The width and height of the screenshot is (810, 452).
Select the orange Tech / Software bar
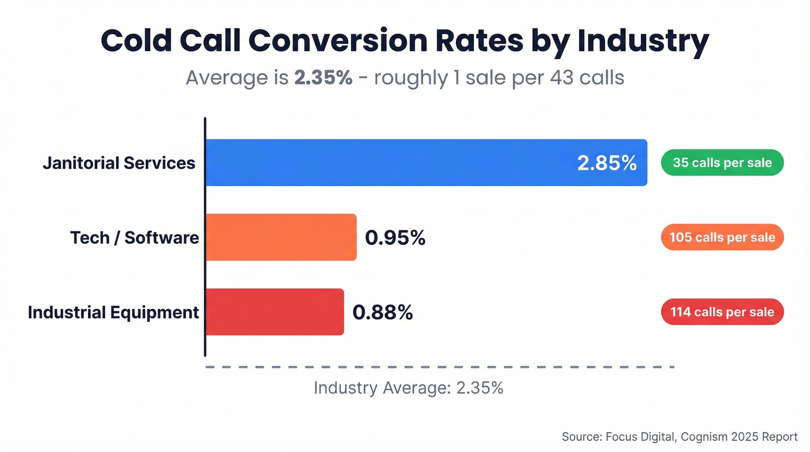281,237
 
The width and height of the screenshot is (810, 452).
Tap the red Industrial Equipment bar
275,312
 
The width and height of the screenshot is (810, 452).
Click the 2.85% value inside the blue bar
607,163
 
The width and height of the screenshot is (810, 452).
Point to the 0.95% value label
395,237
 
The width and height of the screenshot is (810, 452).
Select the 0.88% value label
382,313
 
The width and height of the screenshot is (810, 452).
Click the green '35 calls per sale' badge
722,163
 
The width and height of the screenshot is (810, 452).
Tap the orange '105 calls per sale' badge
722,237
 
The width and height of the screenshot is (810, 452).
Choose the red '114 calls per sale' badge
722,312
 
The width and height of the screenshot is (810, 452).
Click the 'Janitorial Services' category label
119,163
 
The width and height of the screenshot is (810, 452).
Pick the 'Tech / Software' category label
134,237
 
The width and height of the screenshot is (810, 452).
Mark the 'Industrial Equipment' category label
113,313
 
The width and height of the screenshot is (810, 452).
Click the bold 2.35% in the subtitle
323,77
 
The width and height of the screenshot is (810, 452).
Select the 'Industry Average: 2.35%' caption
408,388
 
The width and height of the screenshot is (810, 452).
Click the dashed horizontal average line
440,367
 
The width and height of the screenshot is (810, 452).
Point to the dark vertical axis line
205,237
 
